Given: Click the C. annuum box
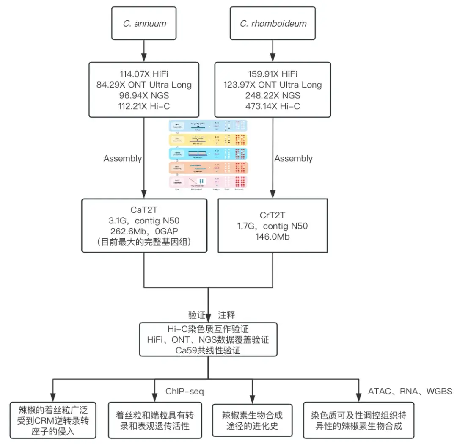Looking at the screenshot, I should point(144,24).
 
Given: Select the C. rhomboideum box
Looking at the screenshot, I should point(273,24).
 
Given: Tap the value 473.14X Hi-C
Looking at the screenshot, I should point(273,106).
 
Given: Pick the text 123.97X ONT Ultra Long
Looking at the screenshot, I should point(273,84).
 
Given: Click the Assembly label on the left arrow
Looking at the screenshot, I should point(123,158).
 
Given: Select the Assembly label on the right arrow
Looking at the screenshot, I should point(293,158).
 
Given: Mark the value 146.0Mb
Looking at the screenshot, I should point(273,237).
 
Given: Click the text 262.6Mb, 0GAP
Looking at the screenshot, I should point(144,232).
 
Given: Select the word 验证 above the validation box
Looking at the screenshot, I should point(197,315).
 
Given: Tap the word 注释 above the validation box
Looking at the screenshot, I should point(226,315).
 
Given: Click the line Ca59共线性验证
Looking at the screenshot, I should point(209,350).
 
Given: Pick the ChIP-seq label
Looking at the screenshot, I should point(184,391).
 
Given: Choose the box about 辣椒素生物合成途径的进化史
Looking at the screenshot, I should point(252,420).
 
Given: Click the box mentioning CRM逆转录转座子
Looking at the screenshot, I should point(53,421).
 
